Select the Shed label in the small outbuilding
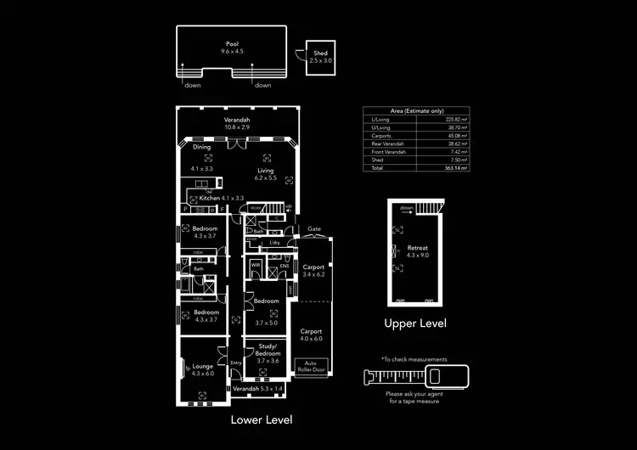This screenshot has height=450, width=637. click(x=320, y=53)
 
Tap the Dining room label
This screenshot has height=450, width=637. click(x=201, y=147)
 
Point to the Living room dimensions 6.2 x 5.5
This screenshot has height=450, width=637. click(x=266, y=178)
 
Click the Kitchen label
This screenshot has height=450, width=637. click(x=209, y=198)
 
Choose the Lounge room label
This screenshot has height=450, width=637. click(x=202, y=365)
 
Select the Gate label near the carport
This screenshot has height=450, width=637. click(x=313, y=228)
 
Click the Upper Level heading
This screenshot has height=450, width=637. click(x=416, y=323)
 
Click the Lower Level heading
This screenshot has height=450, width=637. click(x=262, y=419)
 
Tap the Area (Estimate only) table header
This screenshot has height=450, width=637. click(x=416, y=110)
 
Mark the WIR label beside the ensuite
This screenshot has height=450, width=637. click(x=255, y=265)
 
